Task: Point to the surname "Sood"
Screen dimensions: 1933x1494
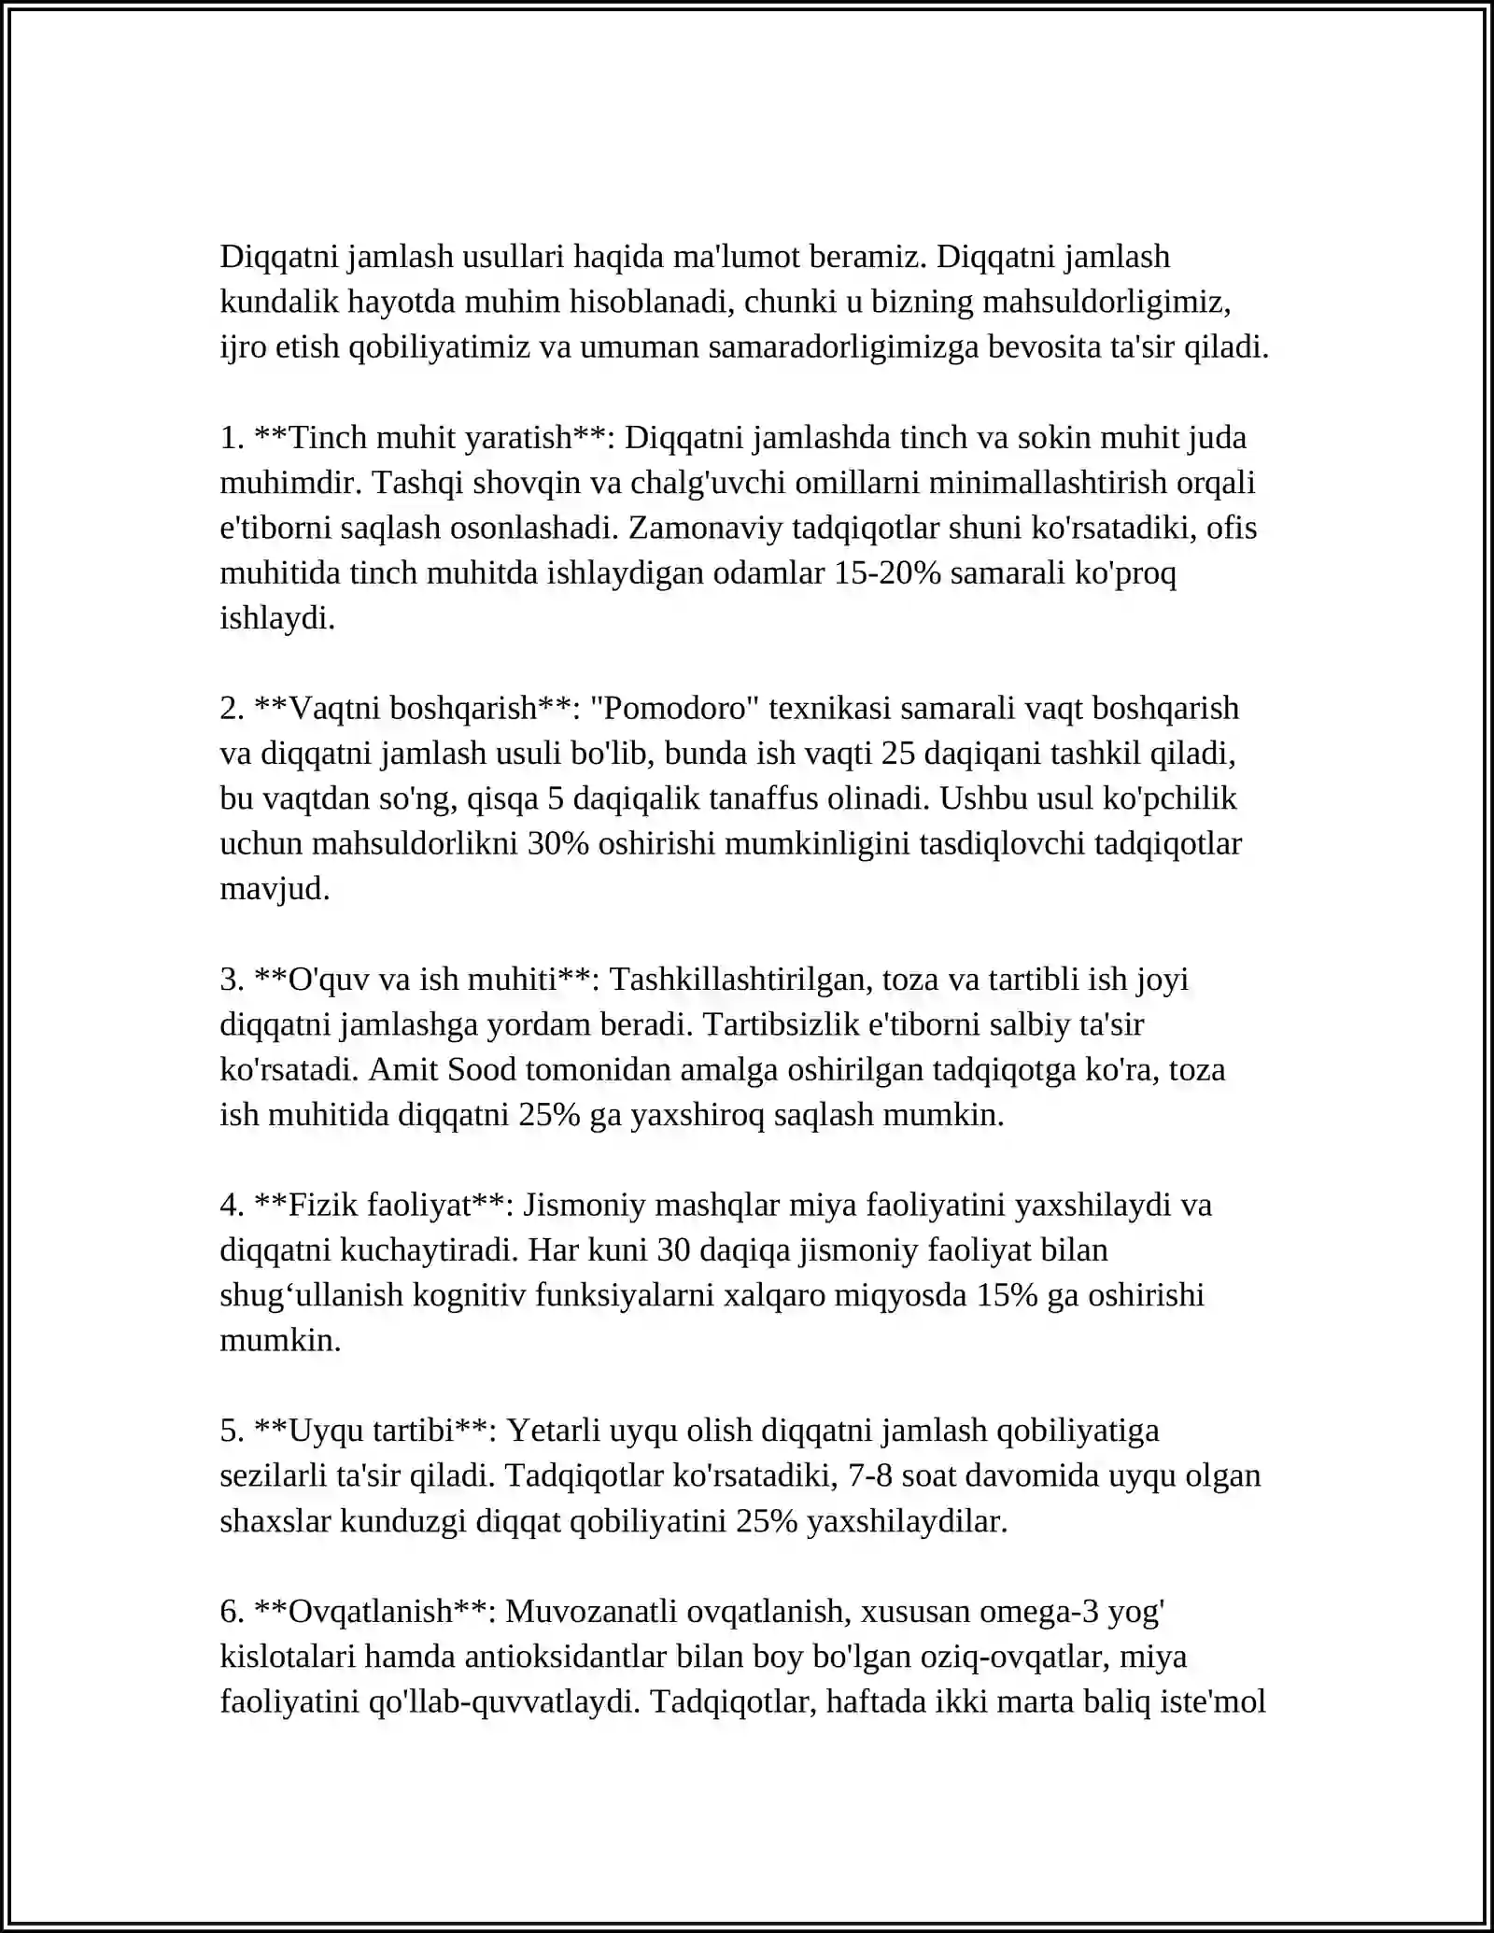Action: (x=482, y=1069)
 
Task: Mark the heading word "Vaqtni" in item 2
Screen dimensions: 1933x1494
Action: (x=334, y=709)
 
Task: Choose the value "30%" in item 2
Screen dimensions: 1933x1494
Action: (x=557, y=844)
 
